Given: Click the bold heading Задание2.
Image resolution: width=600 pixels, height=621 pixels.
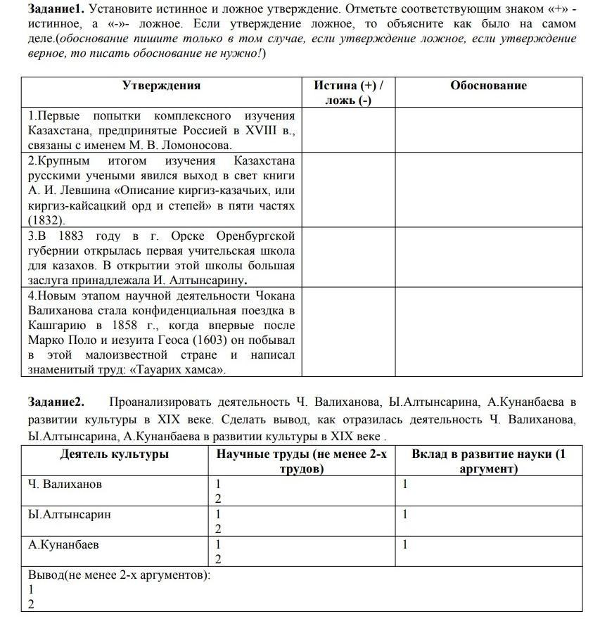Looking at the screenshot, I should click(x=56, y=402).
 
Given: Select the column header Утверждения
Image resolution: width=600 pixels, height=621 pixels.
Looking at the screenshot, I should click(x=161, y=86).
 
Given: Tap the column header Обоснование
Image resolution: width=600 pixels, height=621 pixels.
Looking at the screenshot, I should click(x=488, y=86).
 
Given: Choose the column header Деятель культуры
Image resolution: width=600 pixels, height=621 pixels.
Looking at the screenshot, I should click(x=115, y=454).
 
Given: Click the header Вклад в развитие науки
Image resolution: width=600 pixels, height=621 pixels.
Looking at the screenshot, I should click(x=488, y=454).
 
